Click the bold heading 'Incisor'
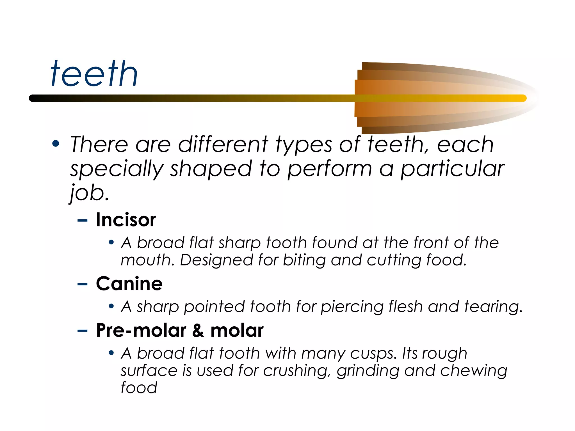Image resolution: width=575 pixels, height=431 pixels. (x=126, y=220)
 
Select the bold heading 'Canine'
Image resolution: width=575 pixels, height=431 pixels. (x=129, y=284)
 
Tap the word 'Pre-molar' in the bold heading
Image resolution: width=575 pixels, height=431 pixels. (x=141, y=330)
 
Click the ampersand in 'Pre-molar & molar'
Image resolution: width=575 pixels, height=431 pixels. (x=198, y=330)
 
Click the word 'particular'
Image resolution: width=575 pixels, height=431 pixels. (x=453, y=169)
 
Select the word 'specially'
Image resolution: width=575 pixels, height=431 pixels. (x=117, y=169)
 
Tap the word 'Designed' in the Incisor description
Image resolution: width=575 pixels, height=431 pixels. (x=216, y=260)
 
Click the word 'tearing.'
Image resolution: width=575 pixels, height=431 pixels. (x=493, y=306)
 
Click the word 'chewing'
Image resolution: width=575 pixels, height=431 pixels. (x=474, y=371)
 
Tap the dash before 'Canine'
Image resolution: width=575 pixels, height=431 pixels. (x=82, y=284)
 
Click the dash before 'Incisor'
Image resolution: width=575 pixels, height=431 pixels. (x=82, y=221)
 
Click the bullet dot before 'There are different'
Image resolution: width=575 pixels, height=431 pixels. (x=56, y=144)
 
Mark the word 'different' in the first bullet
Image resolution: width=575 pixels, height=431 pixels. (x=223, y=145)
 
